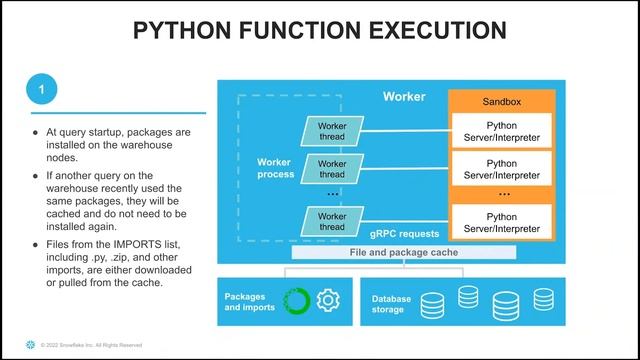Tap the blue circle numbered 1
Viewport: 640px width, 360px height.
(x=42, y=89)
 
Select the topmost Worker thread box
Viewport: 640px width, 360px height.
(x=332, y=131)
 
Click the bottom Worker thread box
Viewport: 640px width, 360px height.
(x=332, y=221)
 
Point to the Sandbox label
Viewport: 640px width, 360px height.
(x=502, y=102)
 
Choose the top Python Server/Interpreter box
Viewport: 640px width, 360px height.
(x=502, y=131)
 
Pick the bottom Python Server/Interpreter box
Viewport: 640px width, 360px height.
(x=502, y=222)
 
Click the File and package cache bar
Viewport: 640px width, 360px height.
(x=404, y=252)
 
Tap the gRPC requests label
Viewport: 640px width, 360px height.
(x=404, y=234)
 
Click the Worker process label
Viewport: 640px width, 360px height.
(x=276, y=168)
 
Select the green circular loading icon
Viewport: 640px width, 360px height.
(x=297, y=301)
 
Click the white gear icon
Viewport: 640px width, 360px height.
(x=328, y=300)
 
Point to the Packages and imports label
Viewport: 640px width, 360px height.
(x=249, y=302)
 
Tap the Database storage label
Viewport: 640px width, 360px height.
(x=391, y=304)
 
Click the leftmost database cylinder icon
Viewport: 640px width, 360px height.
(x=432, y=306)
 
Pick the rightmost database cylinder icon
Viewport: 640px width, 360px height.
(x=544, y=299)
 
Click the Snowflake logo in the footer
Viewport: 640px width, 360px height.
(x=31, y=344)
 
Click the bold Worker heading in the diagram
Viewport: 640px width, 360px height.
(x=404, y=97)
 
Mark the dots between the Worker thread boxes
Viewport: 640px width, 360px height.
(x=333, y=194)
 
